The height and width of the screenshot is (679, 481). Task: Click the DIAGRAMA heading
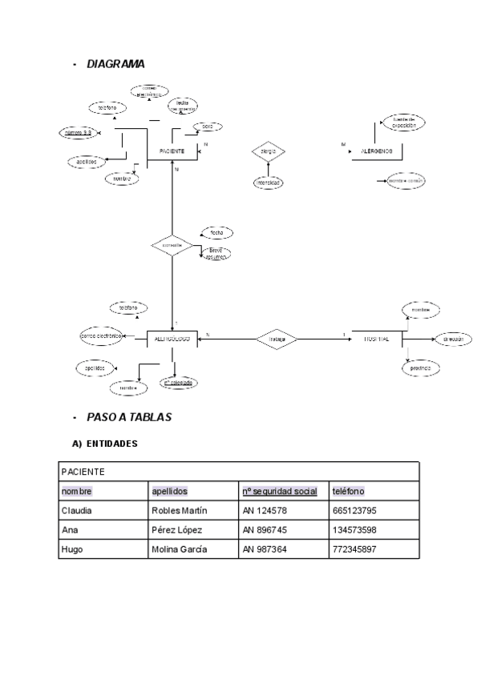(115, 64)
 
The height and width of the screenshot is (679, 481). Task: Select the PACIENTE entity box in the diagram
(172, 151)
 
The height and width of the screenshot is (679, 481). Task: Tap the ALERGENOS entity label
(376, 151)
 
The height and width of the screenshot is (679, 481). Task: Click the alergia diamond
(269, 151)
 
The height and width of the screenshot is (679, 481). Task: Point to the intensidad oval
(268, 183)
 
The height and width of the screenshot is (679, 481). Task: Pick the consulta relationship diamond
(172, 245)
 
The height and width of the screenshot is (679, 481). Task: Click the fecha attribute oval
(216, 232)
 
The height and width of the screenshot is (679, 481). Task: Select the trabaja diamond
(277, 339)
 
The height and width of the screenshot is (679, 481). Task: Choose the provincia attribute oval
(421, 368)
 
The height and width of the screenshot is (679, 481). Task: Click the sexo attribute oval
(207, 127)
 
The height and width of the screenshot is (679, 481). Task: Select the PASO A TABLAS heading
(128, 417)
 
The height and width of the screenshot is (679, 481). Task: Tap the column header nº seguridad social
(279, 491)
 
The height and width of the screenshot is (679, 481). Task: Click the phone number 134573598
(354, 529)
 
